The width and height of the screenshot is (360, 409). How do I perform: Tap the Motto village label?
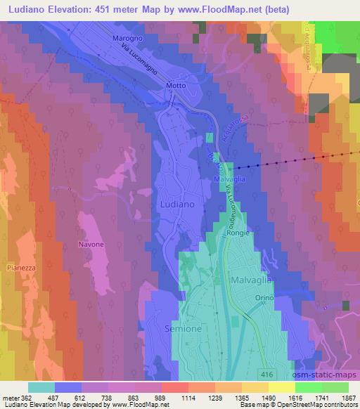pyautogui.click(x=176, y=86)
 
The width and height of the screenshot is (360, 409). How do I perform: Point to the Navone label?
pyautogui.click(x=91, y=244)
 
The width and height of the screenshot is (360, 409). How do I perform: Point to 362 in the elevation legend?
pyautogui.click(x=27, y=398)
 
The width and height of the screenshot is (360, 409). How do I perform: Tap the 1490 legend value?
pyautogui.click(x=268, y=398)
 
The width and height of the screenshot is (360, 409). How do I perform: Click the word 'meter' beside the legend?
pyautogui.click(x=11, y=398)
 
